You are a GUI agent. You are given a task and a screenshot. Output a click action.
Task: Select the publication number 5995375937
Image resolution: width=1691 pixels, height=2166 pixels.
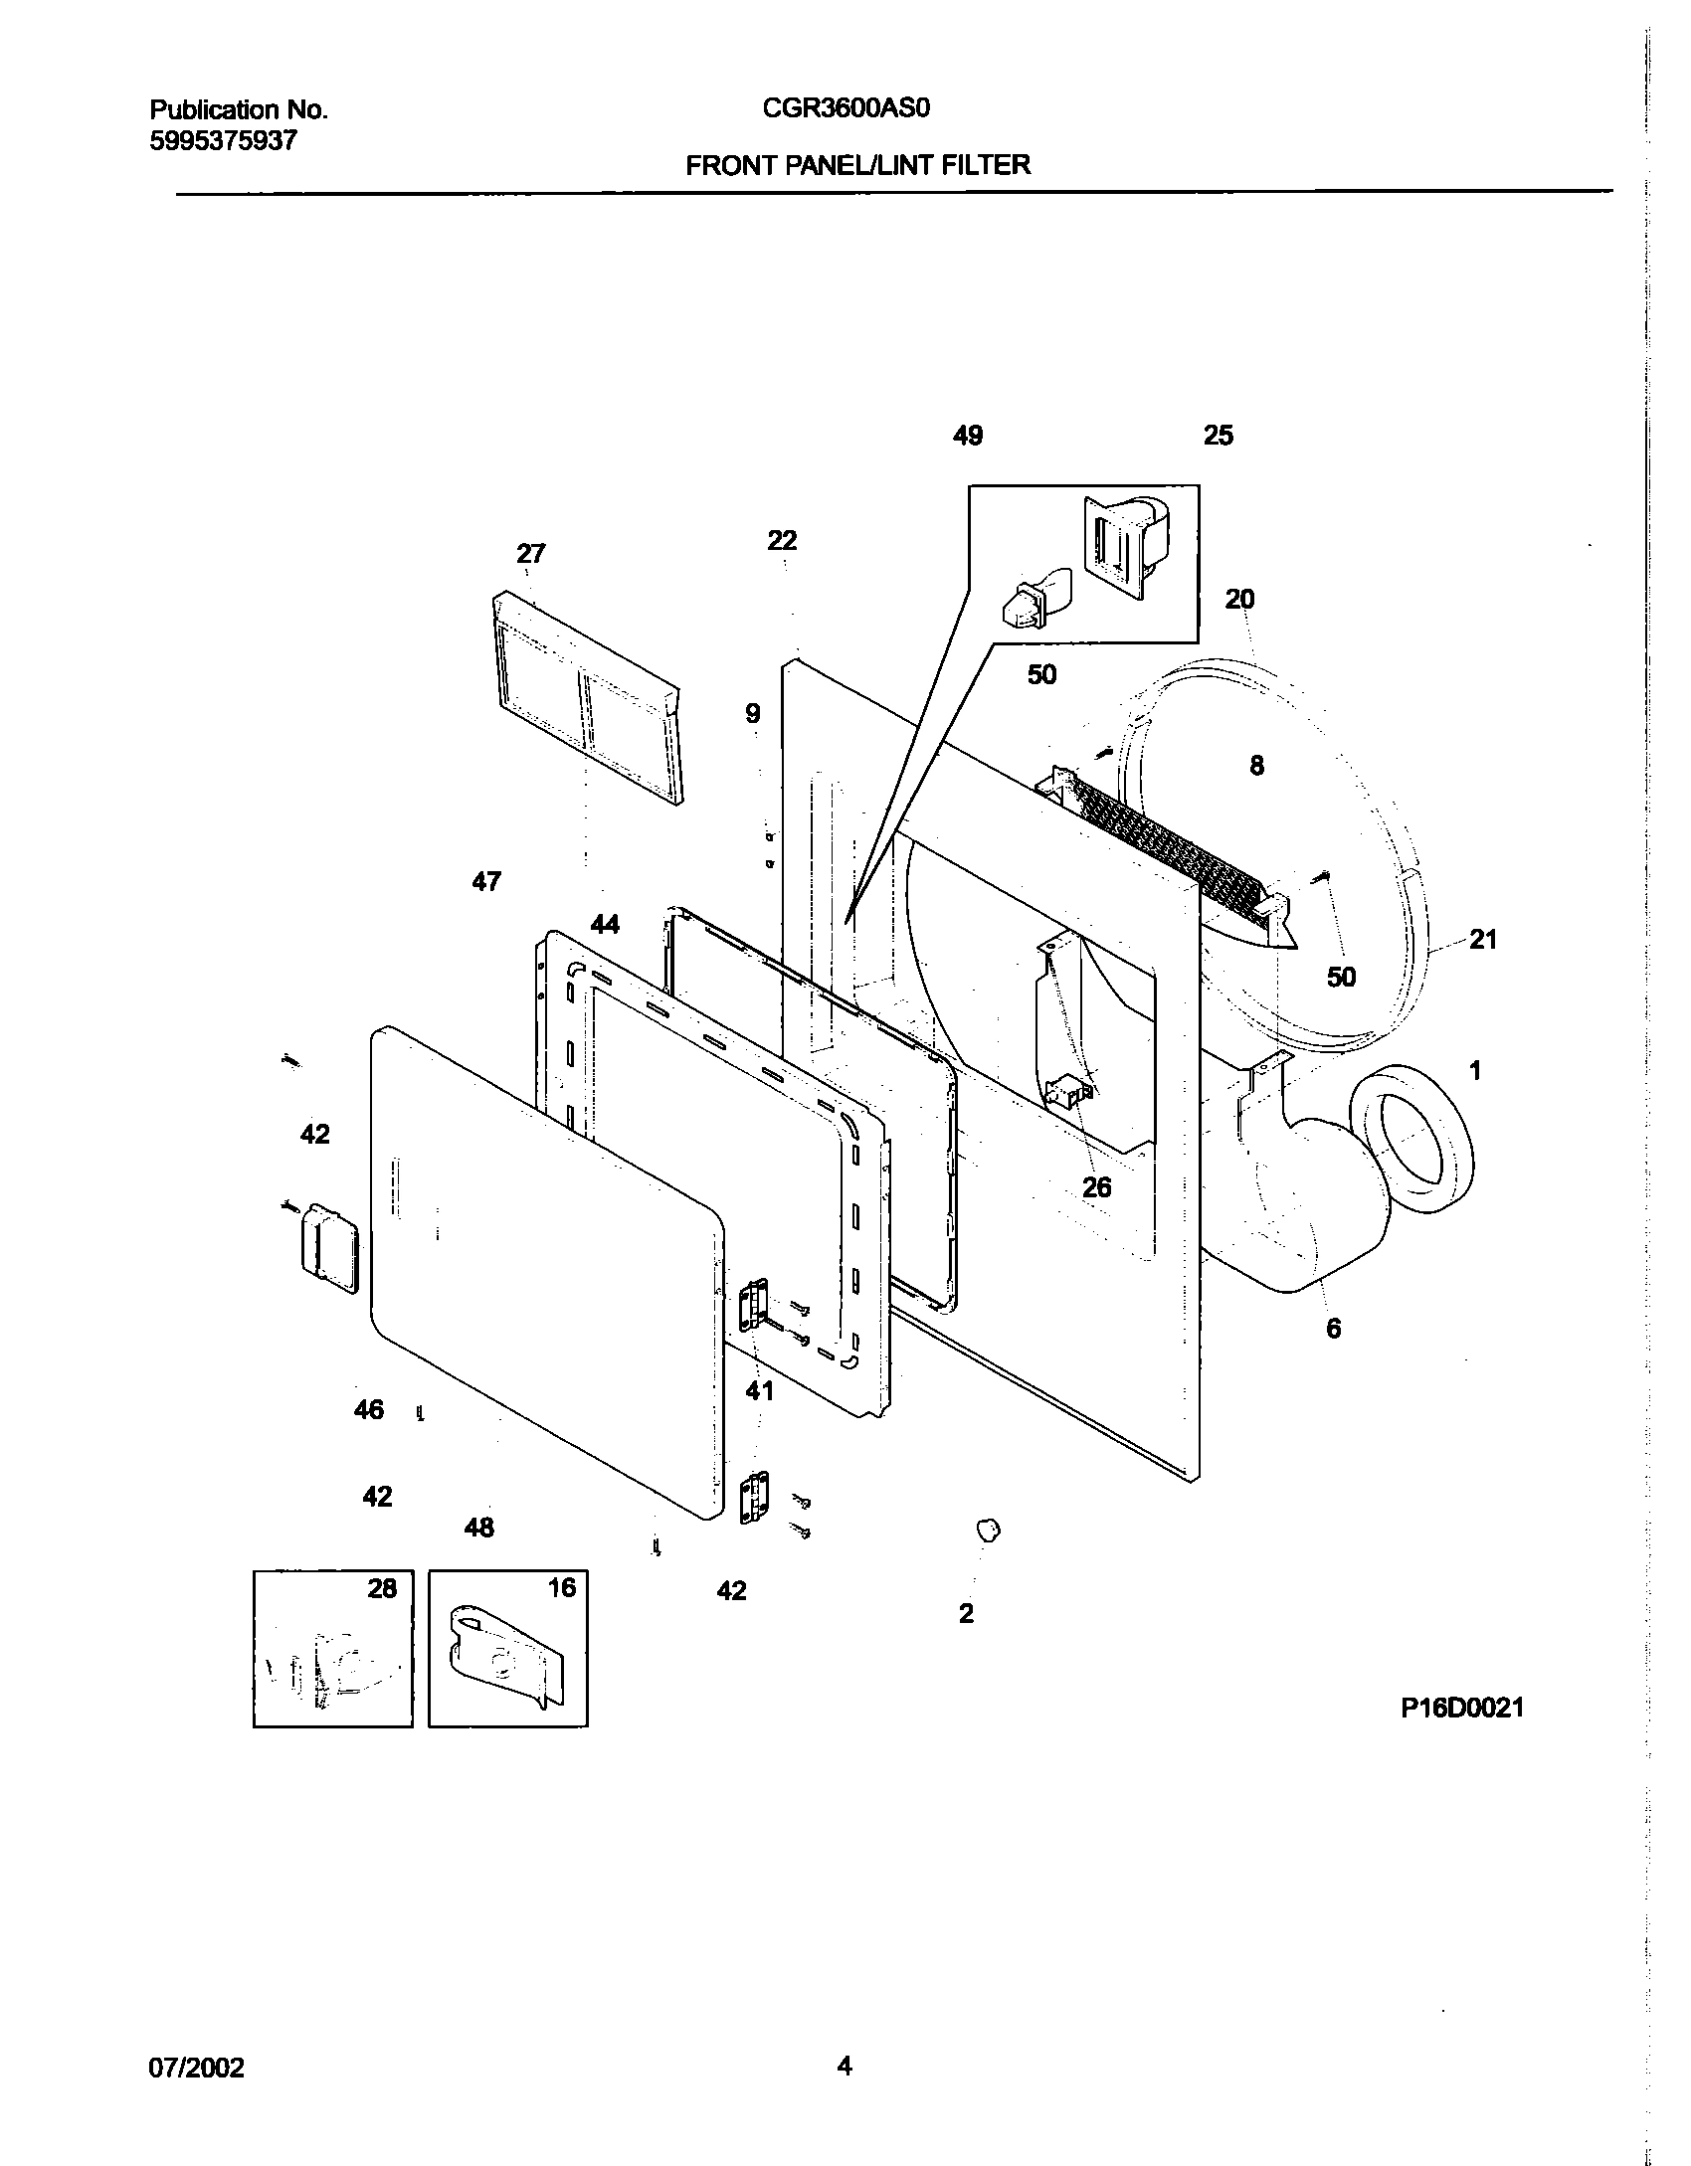tap(223, 141)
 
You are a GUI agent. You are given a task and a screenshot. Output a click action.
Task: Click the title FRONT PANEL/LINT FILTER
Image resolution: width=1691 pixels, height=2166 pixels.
tap(857, 165)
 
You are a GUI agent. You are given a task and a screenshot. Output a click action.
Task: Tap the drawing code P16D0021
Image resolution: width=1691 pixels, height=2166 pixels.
tap(1462, 1708)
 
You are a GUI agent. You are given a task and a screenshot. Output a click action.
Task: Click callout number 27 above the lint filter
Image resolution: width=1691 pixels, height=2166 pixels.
tap(531, 553)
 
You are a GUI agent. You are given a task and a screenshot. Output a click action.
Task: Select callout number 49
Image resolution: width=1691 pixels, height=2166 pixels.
tap(967, 436)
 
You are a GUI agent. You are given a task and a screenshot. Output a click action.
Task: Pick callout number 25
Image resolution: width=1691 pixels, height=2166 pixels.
tap(1218, 436)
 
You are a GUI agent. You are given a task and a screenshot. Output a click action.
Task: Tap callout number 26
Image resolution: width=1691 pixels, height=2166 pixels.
tap(1096, 1186)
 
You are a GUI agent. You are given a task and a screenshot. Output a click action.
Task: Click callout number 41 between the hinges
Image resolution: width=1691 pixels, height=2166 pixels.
tap(759, 1390)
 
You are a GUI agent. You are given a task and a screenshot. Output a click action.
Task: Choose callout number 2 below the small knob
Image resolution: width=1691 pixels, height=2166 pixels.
tap(966, 1613)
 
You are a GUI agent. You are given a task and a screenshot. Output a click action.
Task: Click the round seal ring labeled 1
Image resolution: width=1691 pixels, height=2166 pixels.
tap(1409, 1139)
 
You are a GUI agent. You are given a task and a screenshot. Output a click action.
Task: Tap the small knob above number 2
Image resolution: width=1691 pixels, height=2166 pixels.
tap(987, 1531)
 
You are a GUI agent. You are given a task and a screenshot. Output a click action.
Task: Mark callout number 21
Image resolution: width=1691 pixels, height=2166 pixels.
tap(1482, 939)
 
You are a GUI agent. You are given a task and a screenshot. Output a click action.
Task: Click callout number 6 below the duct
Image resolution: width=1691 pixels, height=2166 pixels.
tap(1333, 1328)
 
